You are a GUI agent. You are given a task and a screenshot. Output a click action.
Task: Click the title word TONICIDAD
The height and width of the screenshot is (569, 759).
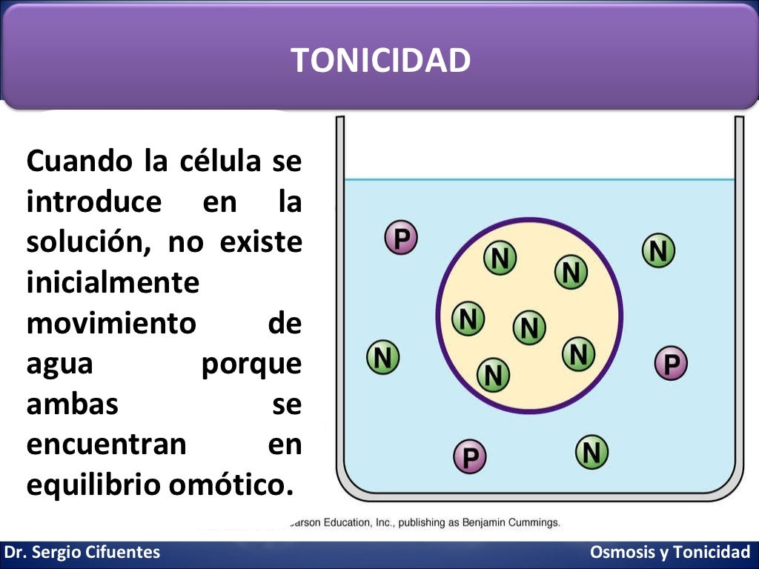380,60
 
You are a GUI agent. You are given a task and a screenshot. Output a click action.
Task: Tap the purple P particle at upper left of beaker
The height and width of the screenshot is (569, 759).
401,238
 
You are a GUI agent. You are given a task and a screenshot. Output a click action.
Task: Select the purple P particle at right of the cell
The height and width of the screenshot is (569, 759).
672,364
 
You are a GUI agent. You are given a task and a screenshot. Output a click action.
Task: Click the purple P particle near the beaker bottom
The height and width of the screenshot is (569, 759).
470,456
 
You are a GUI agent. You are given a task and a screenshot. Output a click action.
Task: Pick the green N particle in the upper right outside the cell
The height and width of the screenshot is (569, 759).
658,251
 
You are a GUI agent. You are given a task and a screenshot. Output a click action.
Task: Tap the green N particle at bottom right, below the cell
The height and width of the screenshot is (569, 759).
591,451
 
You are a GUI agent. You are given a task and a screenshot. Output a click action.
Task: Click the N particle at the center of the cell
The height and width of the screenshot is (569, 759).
529,327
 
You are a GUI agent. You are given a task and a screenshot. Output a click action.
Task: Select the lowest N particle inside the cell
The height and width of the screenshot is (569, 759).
493,374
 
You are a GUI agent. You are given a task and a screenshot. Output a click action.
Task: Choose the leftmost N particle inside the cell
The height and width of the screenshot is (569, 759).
468,319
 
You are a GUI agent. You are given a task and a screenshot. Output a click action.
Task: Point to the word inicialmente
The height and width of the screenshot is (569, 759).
113,283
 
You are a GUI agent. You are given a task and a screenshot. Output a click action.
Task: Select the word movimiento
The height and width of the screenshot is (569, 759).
111,324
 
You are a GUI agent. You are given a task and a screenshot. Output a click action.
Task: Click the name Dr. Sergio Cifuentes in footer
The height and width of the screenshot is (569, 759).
82,552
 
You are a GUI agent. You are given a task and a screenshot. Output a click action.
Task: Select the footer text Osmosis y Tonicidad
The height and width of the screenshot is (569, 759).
670,552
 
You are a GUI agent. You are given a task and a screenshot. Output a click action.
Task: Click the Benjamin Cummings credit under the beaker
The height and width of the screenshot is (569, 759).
511,522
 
